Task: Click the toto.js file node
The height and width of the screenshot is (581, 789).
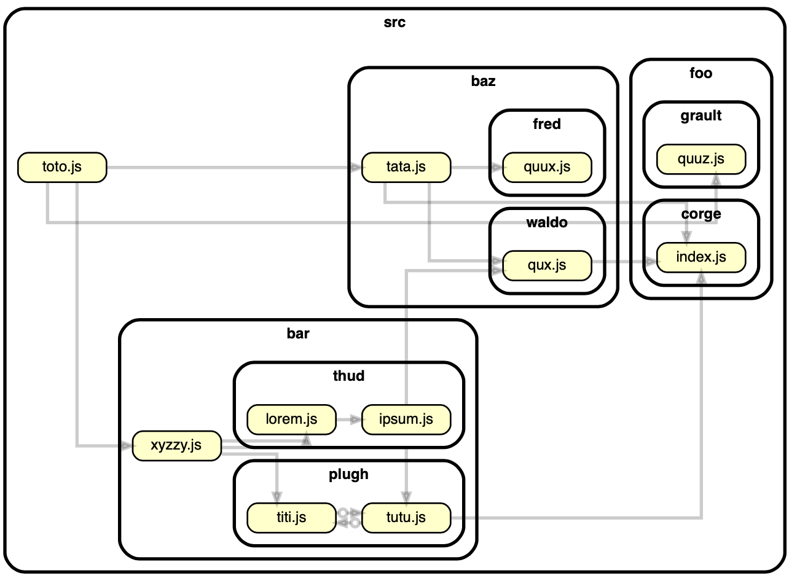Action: click(62, 167)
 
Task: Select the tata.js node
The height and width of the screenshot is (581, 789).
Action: click(406, 167)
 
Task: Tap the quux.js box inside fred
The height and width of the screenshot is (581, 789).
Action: click(547, 167)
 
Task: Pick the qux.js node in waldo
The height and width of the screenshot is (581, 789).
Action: click(547, 265)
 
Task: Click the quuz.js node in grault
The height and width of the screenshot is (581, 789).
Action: click(701, 159)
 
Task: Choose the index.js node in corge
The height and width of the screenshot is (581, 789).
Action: click(701, 257)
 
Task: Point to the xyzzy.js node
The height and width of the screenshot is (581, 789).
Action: click(176, 445)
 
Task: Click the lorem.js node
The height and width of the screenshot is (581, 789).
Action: click(291, 419)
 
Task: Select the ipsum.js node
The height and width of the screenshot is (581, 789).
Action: click(406, 419)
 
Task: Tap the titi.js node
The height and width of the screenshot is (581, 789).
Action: click(291, 518)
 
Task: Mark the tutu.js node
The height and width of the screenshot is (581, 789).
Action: click(406, 518)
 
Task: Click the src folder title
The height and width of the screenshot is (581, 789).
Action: click(394, 23)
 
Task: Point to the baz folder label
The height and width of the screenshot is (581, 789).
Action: click(483, 81)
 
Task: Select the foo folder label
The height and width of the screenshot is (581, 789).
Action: click(701, 73)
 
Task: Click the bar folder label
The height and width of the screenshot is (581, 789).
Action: click(298, 334)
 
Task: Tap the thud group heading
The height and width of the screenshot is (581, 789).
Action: click(348, 376)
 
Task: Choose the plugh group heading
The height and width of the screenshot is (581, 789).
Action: click(348, 474)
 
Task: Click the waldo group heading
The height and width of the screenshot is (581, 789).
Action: click(547, 222)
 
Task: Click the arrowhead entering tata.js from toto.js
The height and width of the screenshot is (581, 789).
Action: click(356, 167)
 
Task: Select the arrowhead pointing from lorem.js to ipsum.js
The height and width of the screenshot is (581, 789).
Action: click(356, 419)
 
